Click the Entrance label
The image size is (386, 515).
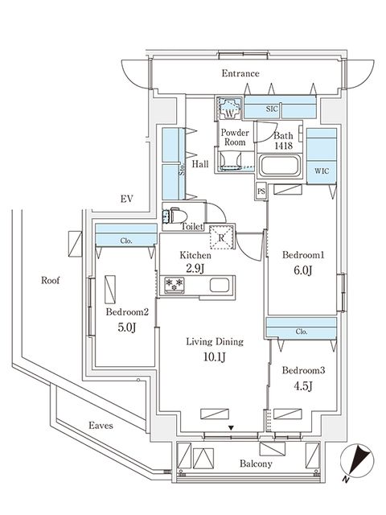point(241,74)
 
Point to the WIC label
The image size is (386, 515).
point(321,170)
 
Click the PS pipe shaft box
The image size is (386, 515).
point(261,192)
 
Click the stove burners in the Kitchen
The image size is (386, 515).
point(176,285)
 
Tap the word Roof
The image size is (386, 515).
point(52,281)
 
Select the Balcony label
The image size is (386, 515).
point(255,464)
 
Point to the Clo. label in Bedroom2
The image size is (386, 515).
point(125,238)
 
